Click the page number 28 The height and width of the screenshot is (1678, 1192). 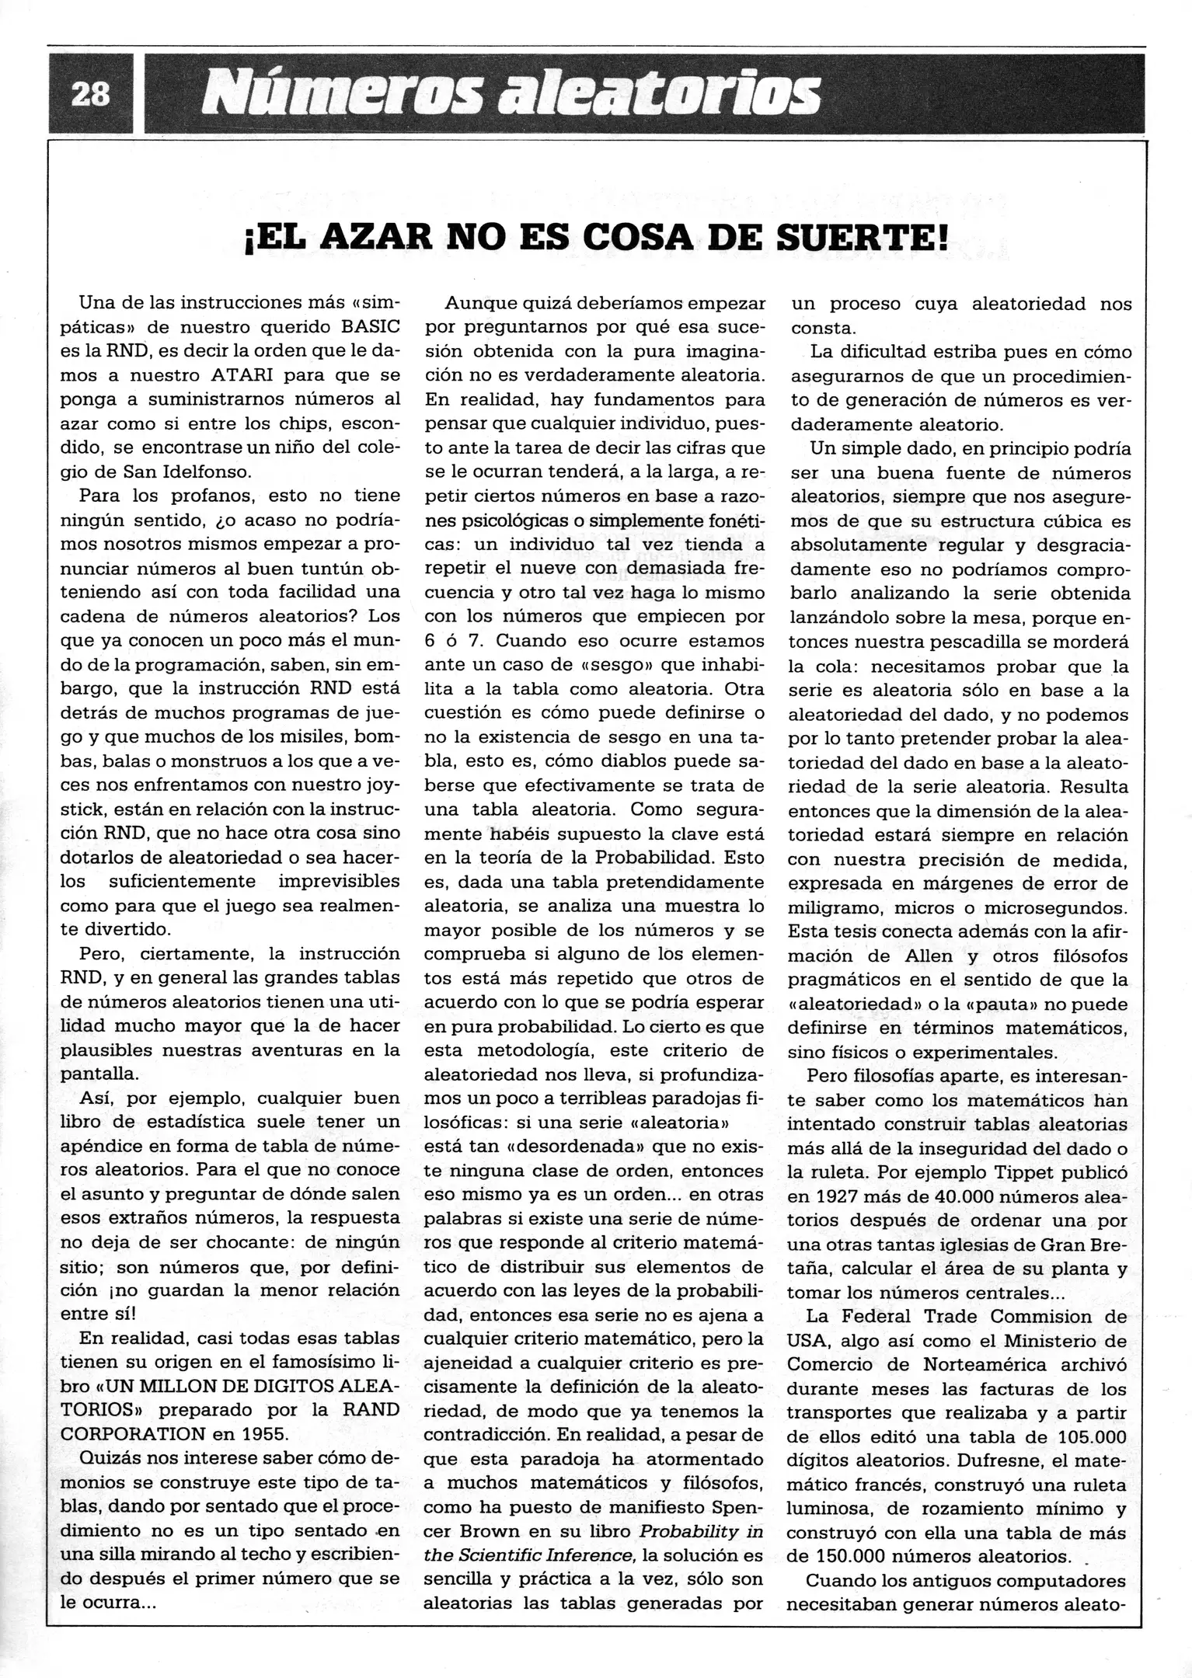click(x=90, y=95)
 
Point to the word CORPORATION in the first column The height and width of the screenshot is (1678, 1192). click(x=135, y=1434)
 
